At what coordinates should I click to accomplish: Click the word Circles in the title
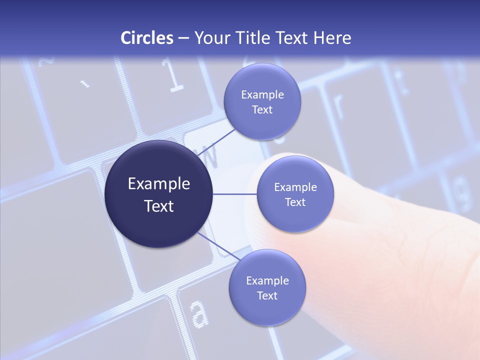click(x=147, y=38)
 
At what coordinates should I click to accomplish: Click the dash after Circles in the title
click(x=183, y=38)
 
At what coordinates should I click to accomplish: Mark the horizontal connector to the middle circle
click(x=235, y=194)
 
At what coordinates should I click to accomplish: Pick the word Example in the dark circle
click(x=159, y=184)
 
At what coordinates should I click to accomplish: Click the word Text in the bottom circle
click(x=267, y=295)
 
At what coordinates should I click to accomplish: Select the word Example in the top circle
click(x=262, y=95)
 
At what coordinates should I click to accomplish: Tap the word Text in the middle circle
click(x=295, y=202)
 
